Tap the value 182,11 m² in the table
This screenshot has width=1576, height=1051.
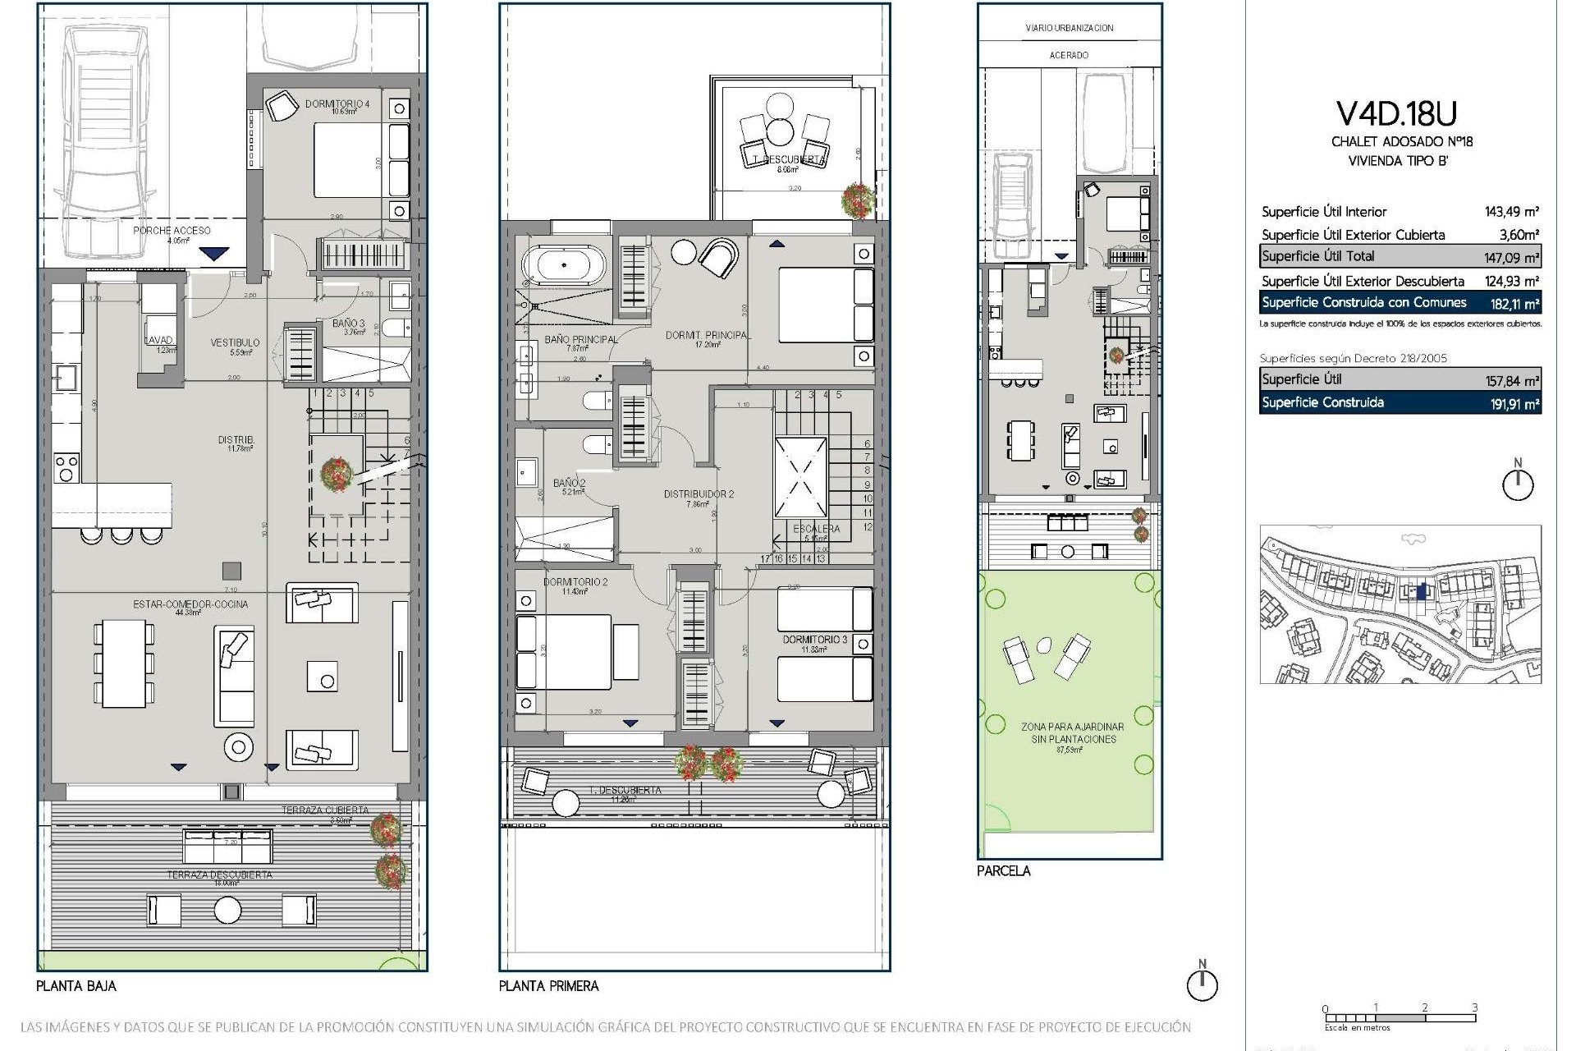coord(1514,304)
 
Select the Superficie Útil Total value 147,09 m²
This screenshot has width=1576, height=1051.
coord(1511,258)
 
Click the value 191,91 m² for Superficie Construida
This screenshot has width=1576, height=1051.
coord(1514,404)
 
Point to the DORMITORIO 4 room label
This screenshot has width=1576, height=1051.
coord(337,104)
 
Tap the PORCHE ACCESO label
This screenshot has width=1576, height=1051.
coord(172,231)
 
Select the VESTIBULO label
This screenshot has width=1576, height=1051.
coord(235,342)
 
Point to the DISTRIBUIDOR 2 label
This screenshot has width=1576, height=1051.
coord(699,494)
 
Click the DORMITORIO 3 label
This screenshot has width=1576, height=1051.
coord(814,639)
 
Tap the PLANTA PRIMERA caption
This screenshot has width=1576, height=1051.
coord(548,986)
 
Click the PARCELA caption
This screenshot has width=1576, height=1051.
coord(1003,871)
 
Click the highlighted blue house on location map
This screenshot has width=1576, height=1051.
coord(1423,590)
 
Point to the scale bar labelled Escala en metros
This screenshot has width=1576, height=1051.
coord(1400,1018)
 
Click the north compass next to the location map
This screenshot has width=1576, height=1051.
coord(1518,484)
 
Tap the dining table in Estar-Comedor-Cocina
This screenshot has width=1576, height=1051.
coord(124,663)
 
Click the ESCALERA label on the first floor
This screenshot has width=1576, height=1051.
coord(816,529)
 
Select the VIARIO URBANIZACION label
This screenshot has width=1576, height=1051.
coord(1069,28)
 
